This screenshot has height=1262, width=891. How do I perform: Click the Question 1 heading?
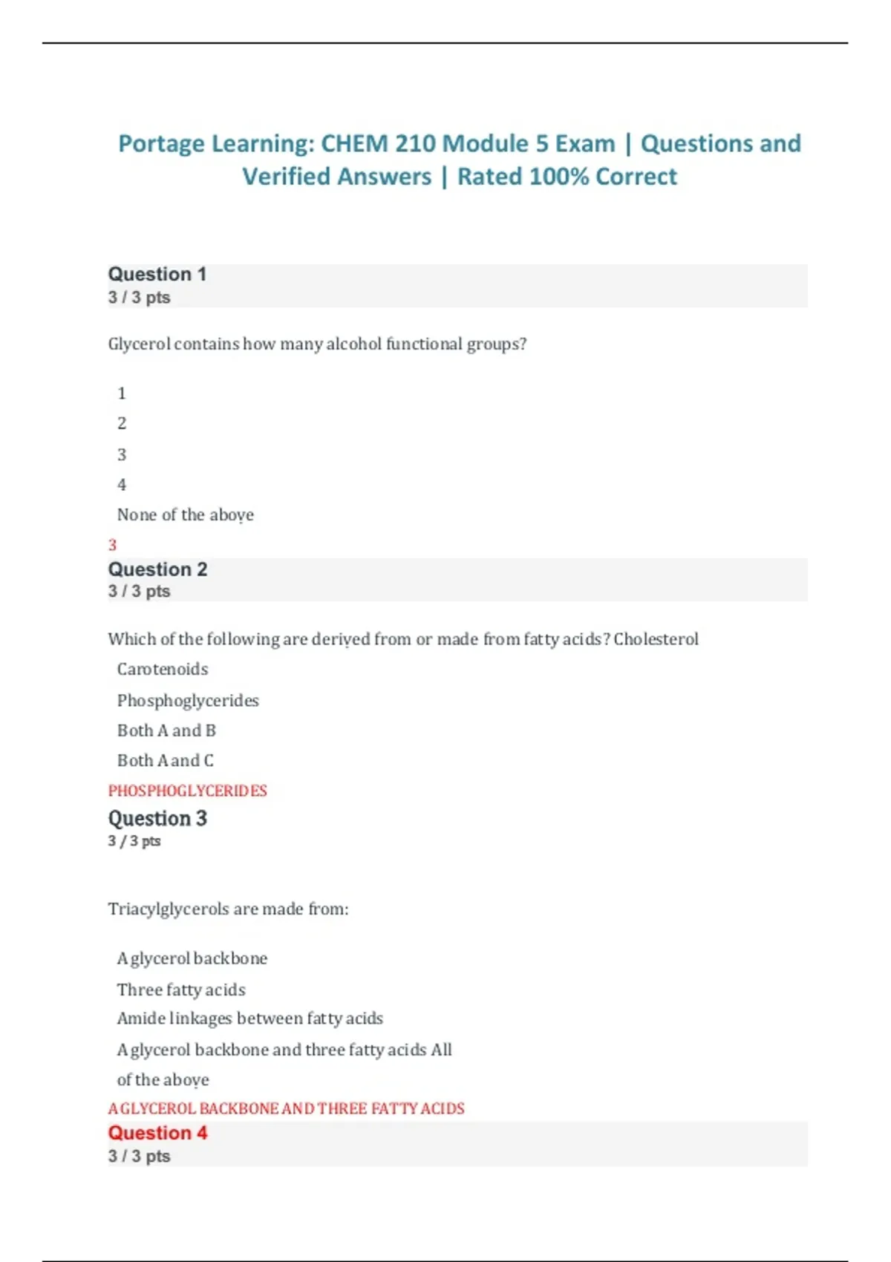coord(157,275)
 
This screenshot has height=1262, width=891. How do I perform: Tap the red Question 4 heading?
coord(157,1133)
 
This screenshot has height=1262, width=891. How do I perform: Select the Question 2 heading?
coord(157,569)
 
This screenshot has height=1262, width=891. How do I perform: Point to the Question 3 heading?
coord(157,818)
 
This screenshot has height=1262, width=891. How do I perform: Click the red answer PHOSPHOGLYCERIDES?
coord(187,791)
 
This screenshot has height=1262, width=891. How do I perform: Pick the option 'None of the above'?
coord(186,514)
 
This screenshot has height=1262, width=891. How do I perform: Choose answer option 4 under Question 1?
coord(122,485)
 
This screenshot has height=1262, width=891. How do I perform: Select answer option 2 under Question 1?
coord(122,423)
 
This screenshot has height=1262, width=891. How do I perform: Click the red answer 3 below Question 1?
coord(113,545)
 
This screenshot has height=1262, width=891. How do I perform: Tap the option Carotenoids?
coord(163,669)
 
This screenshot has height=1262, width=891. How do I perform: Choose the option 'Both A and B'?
coord(166,730)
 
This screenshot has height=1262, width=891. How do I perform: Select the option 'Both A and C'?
coord(166,760)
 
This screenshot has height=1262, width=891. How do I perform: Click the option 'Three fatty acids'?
coord(181,990)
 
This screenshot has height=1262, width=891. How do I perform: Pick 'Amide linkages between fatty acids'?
coord(250,1019)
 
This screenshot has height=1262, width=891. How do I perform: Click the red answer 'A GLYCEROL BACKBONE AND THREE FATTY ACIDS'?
coord(286,1108)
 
